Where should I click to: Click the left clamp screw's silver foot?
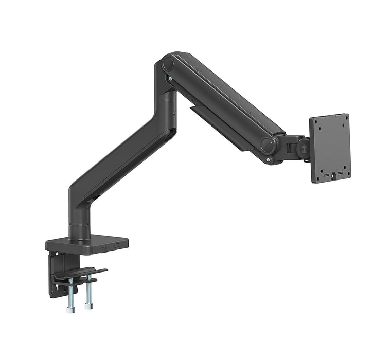click(x=70, y=309)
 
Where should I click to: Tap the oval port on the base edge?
click(x=104, y=247)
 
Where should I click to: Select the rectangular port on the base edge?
click(x=117, y=245)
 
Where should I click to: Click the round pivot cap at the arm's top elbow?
click(x=168, y=64)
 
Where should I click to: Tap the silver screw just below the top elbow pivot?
click(x=170, y=79)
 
